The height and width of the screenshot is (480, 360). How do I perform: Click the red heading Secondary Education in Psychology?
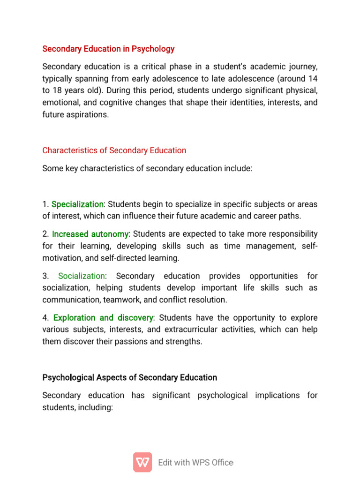point(108,49)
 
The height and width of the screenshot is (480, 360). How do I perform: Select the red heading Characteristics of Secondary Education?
point(114,150)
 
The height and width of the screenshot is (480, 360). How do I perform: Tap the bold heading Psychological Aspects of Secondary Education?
point(130,377)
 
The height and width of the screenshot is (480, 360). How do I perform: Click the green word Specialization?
point(77,204)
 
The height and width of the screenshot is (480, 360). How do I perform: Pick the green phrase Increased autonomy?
point(90,234)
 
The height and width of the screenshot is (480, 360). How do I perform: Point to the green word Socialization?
point(82,276)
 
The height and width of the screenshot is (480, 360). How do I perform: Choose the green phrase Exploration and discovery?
point(103,318)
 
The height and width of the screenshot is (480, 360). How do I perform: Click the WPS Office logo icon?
point(142,462)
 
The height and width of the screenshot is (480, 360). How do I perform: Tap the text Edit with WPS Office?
point(195,463)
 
